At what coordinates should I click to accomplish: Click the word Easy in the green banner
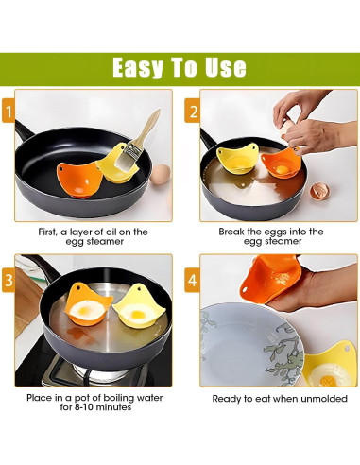coord(138,67)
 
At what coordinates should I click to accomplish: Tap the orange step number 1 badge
coord(9,111)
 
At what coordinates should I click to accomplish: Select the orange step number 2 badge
coord(193,111)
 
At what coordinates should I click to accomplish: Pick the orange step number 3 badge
coord(9,280)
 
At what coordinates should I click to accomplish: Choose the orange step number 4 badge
coord(193,280)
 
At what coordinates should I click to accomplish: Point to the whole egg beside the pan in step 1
coord(161,174)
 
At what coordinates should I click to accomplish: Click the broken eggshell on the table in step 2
coord(319,191)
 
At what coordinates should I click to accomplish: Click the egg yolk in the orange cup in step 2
coord(283,169)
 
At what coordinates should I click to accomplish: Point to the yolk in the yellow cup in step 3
coord(137,314)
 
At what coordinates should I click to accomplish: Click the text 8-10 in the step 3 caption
coord(83,407)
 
